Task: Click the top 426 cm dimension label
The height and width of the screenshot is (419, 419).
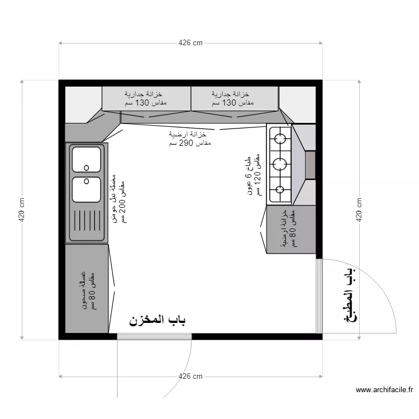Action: click(191, 43)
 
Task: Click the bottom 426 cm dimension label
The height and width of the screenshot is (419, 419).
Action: click(191, 376)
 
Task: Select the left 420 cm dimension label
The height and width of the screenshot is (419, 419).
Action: click(22, 209)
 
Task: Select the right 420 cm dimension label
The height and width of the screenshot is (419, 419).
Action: click(359, 209)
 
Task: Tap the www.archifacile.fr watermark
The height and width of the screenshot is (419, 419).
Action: click(384, 390)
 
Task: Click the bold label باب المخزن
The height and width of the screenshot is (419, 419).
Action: click(158, 320)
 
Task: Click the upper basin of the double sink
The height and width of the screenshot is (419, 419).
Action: click(86, 159)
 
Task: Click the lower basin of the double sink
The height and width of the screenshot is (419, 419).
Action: click(86, 189)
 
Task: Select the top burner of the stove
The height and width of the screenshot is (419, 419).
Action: click(280, 139)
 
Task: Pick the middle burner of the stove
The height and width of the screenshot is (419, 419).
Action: click(280, 164)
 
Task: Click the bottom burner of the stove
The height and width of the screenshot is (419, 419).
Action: click(280, 189)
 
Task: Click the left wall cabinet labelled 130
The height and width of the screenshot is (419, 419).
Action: click(146, 98)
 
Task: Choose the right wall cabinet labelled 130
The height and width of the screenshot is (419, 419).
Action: click(235, 98)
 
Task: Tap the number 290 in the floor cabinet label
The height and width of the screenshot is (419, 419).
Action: click(186, 143)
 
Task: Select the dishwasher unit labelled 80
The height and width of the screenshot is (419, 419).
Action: click(87, 289)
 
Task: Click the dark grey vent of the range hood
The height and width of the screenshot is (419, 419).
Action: click(310, 165)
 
